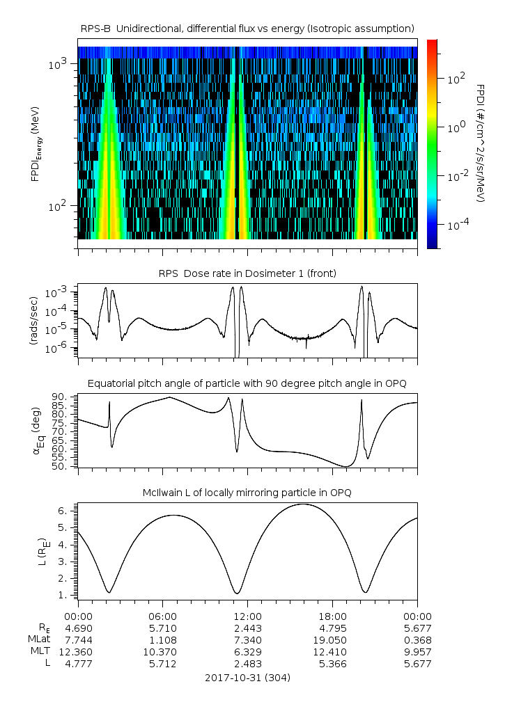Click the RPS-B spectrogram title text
point(247,28)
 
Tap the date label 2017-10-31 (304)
point(247,677)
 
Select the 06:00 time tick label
point(163,616)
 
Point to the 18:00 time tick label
point(332,616)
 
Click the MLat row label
point(37,639)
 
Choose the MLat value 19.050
point(332,639)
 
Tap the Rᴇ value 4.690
point(78,628)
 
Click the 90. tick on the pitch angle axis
point(65,397)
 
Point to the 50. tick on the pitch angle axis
point(65,466)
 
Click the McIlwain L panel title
point(247,493)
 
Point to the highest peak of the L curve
point(303,504)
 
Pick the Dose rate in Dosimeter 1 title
point(247,273)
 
